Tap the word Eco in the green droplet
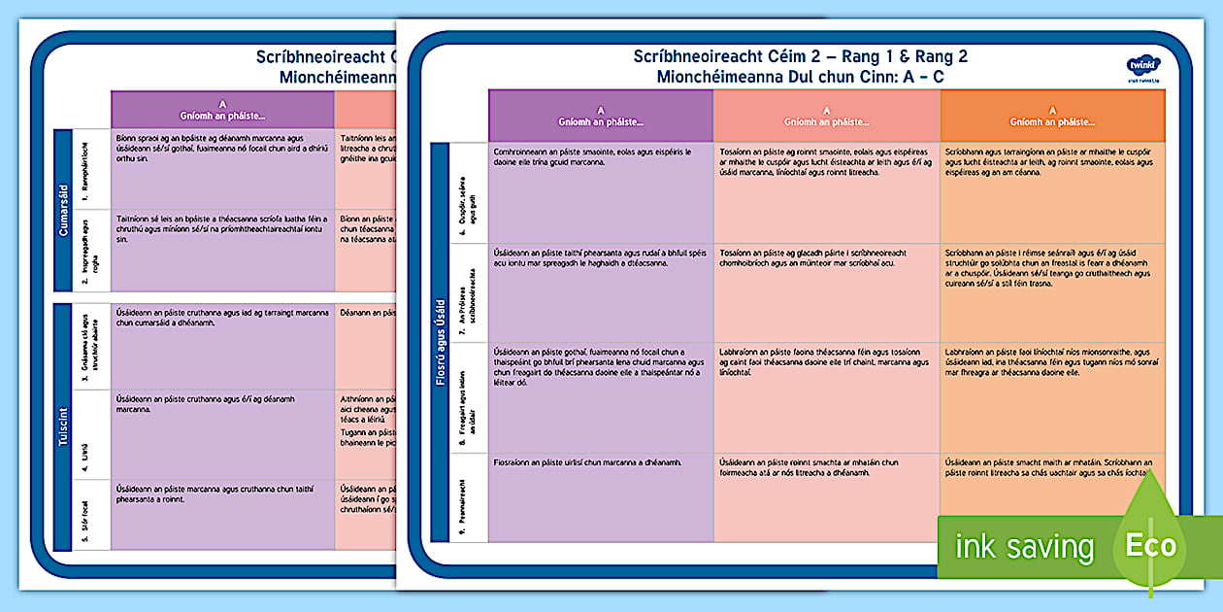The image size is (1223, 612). pos(1150,545)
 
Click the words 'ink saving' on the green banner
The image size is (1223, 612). pos(1024,547)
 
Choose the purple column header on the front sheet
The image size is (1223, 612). pos(600,117)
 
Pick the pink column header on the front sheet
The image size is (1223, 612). pos(826,117)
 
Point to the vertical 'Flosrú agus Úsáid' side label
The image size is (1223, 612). pos(440,340)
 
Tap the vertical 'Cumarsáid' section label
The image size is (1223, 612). pos(63,210)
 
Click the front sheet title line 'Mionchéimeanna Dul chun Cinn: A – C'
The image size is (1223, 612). pos(800,76)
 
